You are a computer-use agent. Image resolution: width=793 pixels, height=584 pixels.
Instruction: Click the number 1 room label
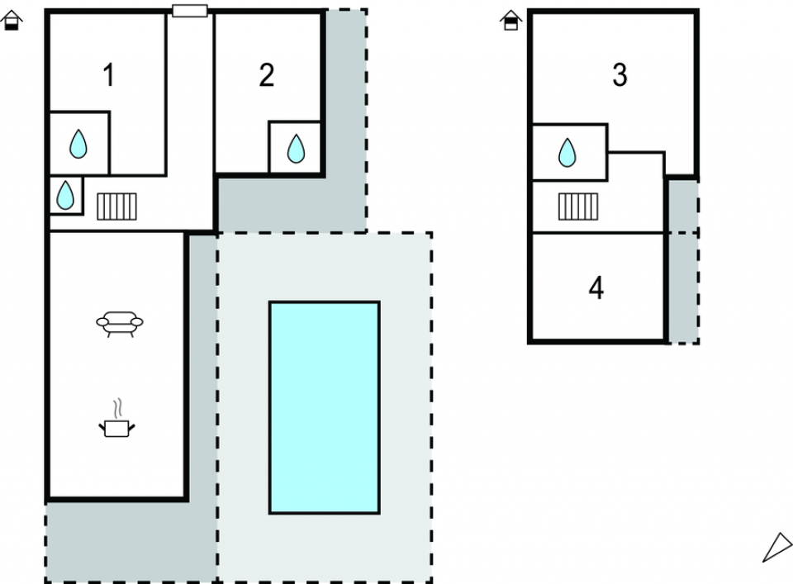[x=108, y=76]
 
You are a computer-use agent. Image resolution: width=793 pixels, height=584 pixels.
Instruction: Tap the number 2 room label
[x=266, y=76]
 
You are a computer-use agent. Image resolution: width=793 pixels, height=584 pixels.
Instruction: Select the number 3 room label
[x=620, y=76]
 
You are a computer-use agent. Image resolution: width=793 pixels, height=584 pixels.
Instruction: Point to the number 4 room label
[x=596, y=289]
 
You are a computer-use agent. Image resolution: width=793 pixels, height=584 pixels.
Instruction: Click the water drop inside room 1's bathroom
[x=78, y=144]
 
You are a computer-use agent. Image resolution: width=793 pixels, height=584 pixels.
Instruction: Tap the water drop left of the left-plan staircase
[x=65, y=195]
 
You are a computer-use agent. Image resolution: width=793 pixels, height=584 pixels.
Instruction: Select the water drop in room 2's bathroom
[x=295, y=149]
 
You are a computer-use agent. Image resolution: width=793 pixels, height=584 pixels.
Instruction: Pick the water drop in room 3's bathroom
[x=567, y=153]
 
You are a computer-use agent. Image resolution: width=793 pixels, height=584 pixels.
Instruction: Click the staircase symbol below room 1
[x=116, y=207]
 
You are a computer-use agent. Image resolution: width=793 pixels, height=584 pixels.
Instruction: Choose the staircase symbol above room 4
[x=577, y=207]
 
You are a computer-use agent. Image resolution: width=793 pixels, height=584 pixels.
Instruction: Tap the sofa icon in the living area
[x=120, y=323]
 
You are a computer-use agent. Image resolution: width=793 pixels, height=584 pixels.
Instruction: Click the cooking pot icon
[x=116, y=427]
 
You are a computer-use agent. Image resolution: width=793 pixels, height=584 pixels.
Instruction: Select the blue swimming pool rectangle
[x=325, y=407]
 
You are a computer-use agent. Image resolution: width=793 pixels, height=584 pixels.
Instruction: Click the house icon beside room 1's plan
[x=12, y=20]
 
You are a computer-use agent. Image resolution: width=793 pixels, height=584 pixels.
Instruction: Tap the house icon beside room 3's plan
[x=511, y=20]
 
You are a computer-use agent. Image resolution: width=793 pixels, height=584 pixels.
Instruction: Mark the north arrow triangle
[x=777, y=548]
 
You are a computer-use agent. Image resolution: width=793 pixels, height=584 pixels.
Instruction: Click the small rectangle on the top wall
[x=190, y=11]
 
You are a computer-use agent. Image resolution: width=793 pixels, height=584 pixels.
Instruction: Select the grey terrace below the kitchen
[x=124, y=541]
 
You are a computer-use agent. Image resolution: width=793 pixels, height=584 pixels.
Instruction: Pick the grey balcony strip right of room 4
[x=682, y=273]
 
